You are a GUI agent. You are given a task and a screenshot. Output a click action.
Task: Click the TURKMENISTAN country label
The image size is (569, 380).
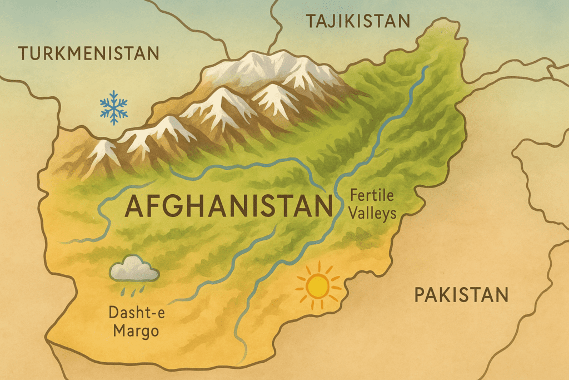click(x=89, y=54)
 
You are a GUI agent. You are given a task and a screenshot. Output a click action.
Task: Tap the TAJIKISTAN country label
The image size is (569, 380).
click(x=358, y=22)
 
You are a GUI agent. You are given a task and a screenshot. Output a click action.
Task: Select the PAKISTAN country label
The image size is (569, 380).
click(x=461, y=295)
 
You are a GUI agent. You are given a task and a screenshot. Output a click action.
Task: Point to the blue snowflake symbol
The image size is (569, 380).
click(x=113, y=108)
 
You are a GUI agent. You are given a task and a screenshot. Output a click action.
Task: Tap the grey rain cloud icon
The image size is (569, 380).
click(x=134, y=271)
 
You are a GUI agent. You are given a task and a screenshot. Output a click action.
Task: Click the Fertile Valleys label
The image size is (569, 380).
click(x=372, y=204)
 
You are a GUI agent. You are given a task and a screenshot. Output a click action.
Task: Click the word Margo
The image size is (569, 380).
click(x=136, y=332)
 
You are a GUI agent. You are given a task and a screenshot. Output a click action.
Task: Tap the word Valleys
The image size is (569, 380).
click(x=372, y=213)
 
